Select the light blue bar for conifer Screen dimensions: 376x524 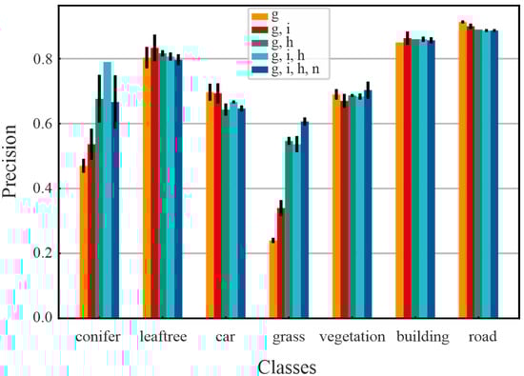click(107, 190)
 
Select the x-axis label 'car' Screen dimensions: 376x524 click(227, 337)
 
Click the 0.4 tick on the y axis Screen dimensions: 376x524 click(41, 188)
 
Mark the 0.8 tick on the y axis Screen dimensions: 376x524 click(41, 59)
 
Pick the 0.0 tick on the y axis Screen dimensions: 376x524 click(41, 318)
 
